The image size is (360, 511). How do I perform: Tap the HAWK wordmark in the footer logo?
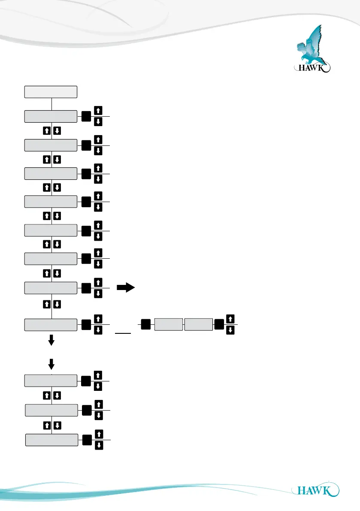(314, 490)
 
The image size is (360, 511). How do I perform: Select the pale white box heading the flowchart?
(51, 92)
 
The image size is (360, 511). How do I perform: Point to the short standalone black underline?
(123, 333)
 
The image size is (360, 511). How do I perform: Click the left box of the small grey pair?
(168, 325)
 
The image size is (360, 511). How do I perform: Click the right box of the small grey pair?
(198, 325)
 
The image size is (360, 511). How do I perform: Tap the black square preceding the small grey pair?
(145, 325)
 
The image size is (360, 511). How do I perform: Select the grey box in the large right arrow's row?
(51, 288)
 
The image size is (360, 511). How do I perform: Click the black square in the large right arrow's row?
(86, 288)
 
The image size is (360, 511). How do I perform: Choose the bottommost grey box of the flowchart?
(51, 440)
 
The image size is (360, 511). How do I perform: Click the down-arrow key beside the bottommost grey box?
(98, 446)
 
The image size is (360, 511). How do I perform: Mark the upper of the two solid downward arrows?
(51, 340)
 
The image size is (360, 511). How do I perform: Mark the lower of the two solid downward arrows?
(51, 364)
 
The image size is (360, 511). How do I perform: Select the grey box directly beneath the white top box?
(51, 116)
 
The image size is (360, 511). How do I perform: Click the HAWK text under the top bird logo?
(309, 67)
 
